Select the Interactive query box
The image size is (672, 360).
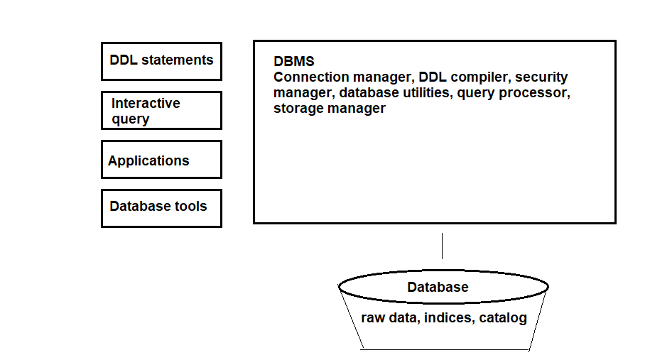coord(161,111)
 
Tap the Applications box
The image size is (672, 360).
coord(161,160)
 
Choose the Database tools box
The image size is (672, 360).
coord(161,208)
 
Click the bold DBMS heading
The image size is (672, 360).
coord(294,62)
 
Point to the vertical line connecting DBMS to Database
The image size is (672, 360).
coord(442,246)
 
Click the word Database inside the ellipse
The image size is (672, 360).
coord(438,288)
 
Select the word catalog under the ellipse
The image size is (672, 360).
coord(503,318)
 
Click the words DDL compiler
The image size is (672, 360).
coord(462,77)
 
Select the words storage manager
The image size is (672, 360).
coord(330,109)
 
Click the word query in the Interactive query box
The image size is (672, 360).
coord(131,119)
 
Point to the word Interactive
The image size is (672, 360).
coord(146,104)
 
